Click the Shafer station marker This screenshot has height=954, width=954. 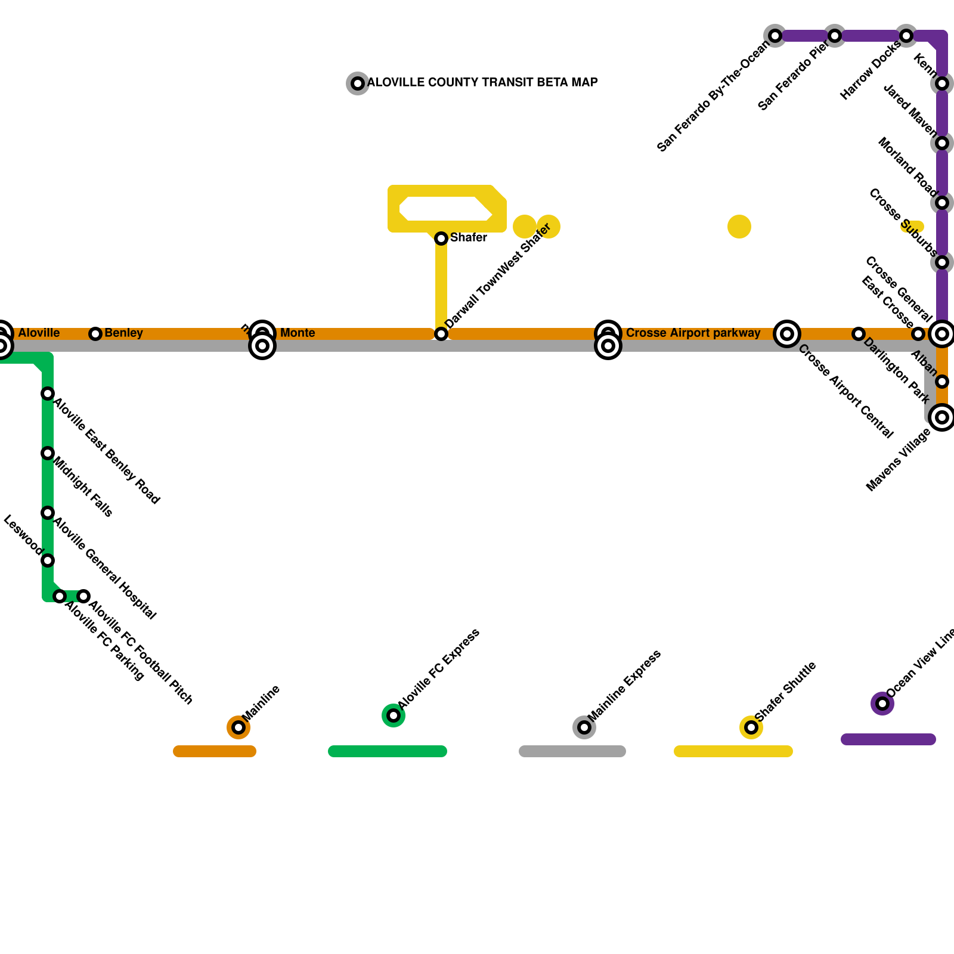[441, 238]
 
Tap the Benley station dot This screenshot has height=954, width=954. [95, 334]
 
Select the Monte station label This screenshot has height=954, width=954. [298, 333]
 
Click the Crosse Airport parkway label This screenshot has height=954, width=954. [693, 333]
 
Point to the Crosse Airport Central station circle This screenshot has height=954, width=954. [787, 334]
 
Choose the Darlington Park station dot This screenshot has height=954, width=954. [859, 334]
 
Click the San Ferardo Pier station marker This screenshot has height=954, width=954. [835, 36]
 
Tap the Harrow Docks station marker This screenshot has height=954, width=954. [906, 36]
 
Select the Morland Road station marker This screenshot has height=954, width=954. [942, 203]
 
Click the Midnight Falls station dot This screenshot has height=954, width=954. [48, 453]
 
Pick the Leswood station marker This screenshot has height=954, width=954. [48, 560]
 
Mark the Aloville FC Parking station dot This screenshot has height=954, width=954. [60, 596]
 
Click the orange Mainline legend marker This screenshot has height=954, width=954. [238, 727]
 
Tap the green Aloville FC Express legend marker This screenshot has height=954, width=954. [394, 715]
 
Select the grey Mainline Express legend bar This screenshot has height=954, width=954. [572, 751]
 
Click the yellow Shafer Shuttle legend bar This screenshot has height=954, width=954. [733, 751]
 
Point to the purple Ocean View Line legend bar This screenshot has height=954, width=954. [888, 739]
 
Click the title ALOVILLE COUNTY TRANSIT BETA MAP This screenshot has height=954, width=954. [482, 83]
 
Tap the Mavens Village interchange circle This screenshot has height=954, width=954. [942, 417]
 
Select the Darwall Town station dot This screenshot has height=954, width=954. [441, 334]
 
